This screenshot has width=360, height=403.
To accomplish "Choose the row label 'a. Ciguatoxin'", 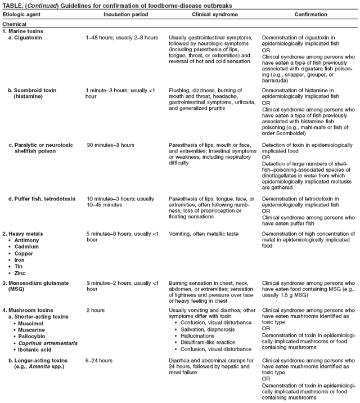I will pos(26,37).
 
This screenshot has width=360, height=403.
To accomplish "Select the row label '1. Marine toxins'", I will pos(24,31).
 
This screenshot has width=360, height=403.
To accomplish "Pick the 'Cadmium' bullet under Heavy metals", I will pos(27,246).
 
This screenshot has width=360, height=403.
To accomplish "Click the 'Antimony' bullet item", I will pos(28,239).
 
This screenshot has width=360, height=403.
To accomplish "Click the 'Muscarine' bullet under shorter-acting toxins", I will pos(31,330).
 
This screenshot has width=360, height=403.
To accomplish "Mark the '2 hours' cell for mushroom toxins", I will pos(95,310).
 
